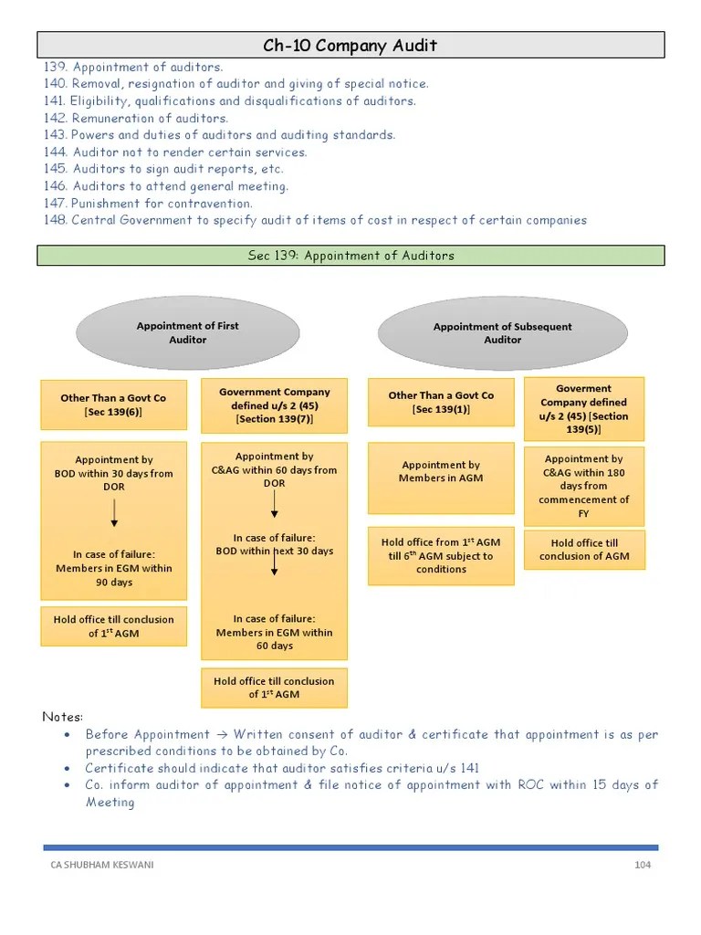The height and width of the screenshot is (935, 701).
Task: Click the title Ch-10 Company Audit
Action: [350, 45]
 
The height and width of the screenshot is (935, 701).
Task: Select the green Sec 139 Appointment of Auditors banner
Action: [350, 256]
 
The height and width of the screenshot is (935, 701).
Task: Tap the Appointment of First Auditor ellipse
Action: [188, 332]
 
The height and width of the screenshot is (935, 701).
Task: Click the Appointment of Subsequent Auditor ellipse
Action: [502, 332]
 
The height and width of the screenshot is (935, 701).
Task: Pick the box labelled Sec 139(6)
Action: [113, 404]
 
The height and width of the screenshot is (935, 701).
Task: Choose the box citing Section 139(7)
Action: [274, 405]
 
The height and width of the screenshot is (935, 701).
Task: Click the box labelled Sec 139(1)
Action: [441, 403]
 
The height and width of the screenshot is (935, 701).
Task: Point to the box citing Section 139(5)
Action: [583, 408]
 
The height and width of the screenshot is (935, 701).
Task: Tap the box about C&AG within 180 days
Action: [583, 486]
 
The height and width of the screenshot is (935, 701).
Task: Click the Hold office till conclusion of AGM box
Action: [583, 550]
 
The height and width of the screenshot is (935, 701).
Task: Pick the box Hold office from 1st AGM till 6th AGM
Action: [441, 555]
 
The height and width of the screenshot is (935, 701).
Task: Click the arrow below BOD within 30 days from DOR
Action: [114, 513]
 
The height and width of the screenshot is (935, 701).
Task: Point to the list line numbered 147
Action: [148, 204]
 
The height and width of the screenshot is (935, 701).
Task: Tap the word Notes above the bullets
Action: [63, 716]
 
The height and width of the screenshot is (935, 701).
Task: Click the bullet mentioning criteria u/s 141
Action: [282, 768]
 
